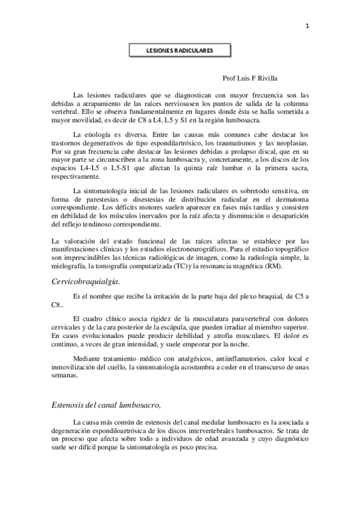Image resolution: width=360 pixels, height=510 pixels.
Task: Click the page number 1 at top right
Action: click(307, 26)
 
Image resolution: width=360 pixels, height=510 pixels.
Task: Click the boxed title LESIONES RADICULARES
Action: click(180, 51)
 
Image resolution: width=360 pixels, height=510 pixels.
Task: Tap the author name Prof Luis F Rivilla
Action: click(251, 78)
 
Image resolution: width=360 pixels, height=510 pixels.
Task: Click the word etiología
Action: click(105, 134)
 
